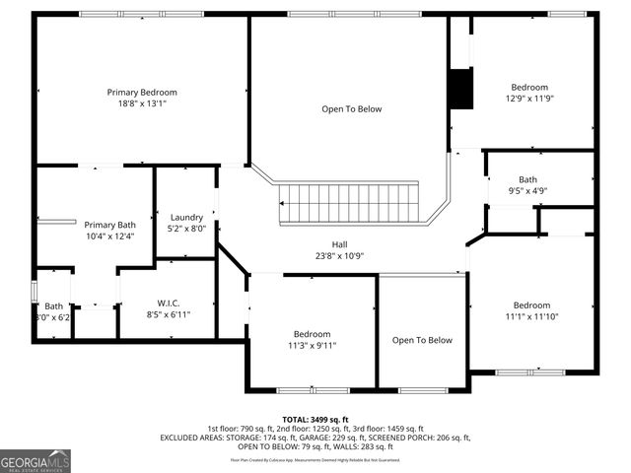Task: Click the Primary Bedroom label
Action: pyautogui.click(x=142, y=93)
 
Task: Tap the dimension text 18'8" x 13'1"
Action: pyautogui.click(x=142, y=103)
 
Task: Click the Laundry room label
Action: pyautogui.click(x=186, y=218)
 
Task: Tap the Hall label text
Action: pyautogui.click(x=339, y=244)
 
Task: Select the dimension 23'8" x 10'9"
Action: pyautogui.click(x=339, y=256)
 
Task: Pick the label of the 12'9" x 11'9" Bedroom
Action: pyautogui.click(x=528, y=87)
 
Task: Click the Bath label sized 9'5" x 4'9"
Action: pyautogui.click(x=528, y=179)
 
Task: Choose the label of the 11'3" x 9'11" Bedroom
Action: pyautogui.click(x=312, y=334)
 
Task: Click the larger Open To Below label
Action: pyautogui.click(x=351, y=109)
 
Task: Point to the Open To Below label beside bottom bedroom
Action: pyautogui.click(x=422, y=340)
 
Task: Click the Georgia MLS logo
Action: pyautogui.click(x=35, y=460)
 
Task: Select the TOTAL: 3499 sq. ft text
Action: pyautogui.click(x=315, y=419)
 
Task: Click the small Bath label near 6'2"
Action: pyautogui.click(x=52, y=306)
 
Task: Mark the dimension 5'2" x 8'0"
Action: pyautogui.click(x=186, y=229)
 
